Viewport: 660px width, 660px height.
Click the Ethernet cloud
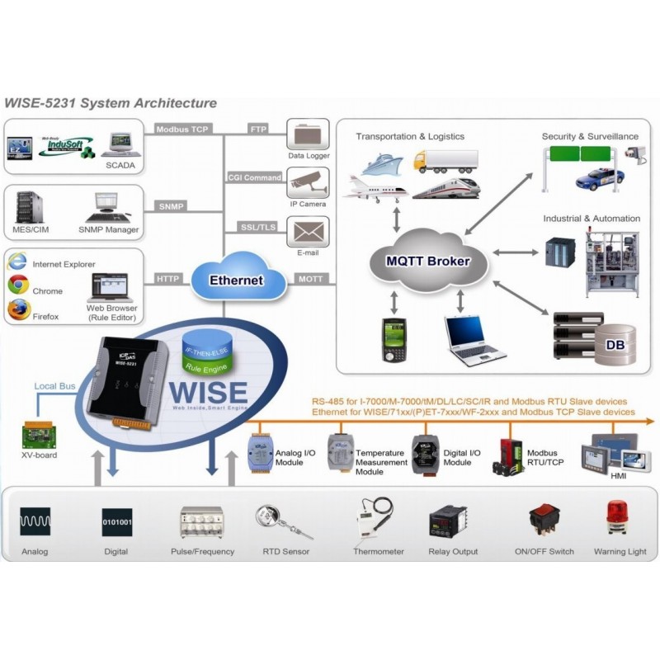tap(236, 280)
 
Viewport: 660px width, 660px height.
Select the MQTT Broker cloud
tap(428, 262)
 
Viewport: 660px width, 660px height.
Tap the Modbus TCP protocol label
tap(181, 129)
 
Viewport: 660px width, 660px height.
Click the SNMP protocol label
tap(172, 206)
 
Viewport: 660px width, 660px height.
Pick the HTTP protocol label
tap(167, 279)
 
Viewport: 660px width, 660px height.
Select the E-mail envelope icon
tap(308, 231)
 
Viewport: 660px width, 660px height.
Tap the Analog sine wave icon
tap(35, 521)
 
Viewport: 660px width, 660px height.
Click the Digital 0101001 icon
tap(116, 521)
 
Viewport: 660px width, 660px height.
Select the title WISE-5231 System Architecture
tap(111, 103)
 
